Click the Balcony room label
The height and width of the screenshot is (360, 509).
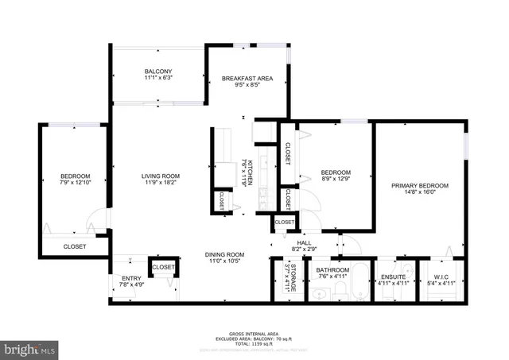click(x=158, y=71)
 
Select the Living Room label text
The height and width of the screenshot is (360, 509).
click(x=161, y=176)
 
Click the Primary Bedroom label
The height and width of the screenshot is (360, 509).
click(x=419, y=185)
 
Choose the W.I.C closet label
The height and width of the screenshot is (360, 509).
click(x=443, y=277)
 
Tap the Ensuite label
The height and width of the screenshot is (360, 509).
click(x=393, y=277)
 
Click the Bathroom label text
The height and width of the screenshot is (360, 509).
click(x=332, y=270)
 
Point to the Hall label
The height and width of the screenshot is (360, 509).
click(x=304, y=243)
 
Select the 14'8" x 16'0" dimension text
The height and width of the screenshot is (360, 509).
click(x=419, y=192)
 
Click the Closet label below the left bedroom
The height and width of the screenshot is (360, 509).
click(x=75, y=246)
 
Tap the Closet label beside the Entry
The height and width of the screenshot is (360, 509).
click(x=163, y=267)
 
